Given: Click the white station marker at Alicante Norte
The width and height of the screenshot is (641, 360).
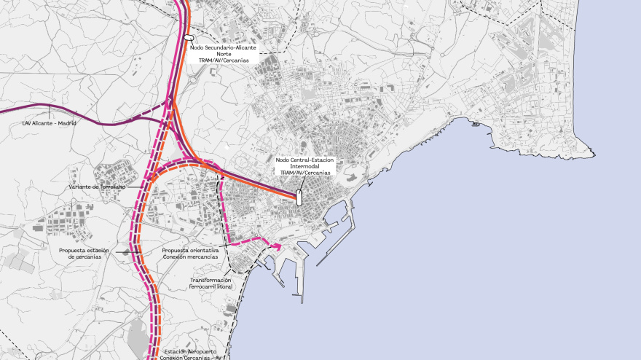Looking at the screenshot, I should tap(188, 37).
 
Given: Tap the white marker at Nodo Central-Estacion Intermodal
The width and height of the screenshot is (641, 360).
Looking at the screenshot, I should tap(299, 197).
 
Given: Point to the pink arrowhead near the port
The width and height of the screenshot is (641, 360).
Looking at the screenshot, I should tap(278, 246).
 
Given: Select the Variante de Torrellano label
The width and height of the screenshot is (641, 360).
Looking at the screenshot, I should tap(97, 187).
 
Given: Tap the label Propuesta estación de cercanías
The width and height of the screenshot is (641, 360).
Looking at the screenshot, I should tap(84, 254).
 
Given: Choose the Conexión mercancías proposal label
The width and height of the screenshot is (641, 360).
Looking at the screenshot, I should tap(189, 254).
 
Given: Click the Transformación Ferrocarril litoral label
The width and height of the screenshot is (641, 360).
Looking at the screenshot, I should tap(211, 283).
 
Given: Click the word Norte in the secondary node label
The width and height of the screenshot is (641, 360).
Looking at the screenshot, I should tap(224, 54).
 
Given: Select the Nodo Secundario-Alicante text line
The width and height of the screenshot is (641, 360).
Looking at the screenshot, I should tap(224, 47).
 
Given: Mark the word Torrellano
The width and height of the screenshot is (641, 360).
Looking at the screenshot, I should tap(109, 187).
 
